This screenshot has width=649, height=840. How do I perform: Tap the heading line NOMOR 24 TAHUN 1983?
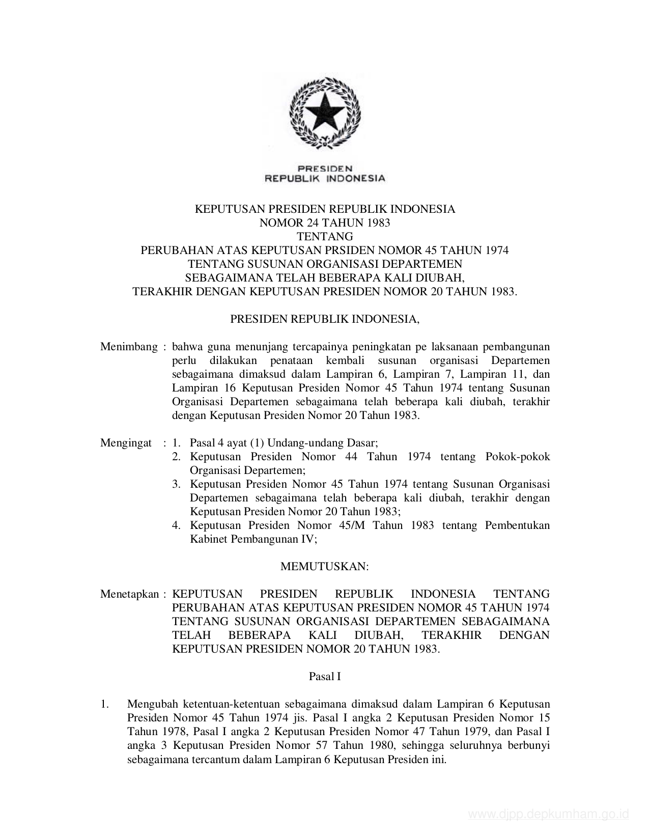(325, 222)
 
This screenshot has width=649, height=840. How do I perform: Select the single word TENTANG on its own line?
(325, 236)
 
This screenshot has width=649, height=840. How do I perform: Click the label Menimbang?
(129, 347)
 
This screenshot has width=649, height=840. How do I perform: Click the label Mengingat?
(126, 443)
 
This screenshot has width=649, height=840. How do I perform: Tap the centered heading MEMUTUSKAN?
(325, 566)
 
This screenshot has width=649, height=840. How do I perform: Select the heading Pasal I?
(325, 677)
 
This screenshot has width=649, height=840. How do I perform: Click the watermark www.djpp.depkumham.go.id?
(548, 815)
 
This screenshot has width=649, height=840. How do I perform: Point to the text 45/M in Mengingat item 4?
(351, 525)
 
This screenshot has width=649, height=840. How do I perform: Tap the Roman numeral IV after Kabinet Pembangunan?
(309, 539)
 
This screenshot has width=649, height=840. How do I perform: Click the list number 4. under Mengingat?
(176, 525)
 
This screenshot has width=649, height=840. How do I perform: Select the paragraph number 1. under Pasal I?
(105, 705)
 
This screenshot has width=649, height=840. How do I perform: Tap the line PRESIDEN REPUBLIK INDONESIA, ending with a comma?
(325, 319)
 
